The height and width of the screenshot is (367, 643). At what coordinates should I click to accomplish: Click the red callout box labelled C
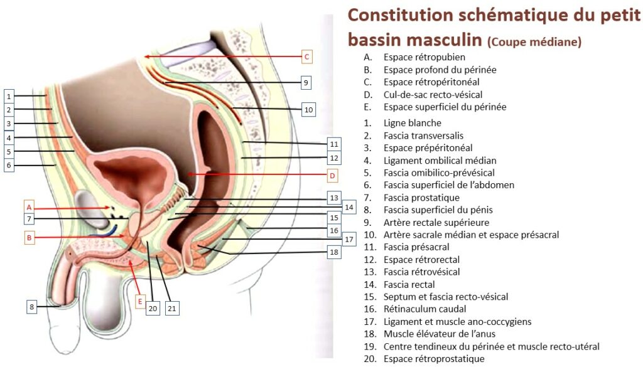point(306,57)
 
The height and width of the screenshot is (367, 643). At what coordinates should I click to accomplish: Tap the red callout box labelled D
point(333,175)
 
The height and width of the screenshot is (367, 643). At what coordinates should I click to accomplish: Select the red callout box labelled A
point(28,206)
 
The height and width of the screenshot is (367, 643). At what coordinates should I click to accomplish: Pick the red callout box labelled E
point(140,302)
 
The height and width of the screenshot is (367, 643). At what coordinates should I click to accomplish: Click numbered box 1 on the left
point(9,96)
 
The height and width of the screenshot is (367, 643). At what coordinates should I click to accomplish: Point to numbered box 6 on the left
point(9,165)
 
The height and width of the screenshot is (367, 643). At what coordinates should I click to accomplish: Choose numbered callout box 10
point(308,110)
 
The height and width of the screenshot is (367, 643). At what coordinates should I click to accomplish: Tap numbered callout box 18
point(333,252)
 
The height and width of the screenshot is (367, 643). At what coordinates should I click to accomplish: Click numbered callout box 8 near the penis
point(33,307)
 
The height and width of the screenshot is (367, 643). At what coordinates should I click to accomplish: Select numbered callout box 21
point(172,308)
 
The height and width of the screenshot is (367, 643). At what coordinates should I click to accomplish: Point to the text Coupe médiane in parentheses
point(534,43)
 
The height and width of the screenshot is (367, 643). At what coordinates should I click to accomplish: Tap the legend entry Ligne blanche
point(413,123)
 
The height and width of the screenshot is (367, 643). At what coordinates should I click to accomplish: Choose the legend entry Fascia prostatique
point(421,198)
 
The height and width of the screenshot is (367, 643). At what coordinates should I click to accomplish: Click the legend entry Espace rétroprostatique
point(434,359)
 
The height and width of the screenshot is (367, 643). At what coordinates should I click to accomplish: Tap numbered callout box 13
point(333,198)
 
